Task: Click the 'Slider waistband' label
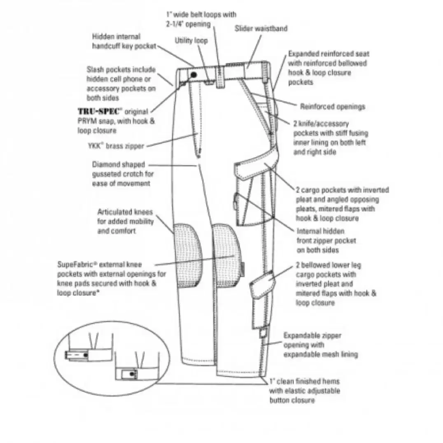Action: tap(261, 28)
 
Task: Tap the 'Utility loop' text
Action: tap(191, 41)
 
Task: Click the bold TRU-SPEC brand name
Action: tap(98, 111)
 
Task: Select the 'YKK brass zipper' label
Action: tap(116, 146)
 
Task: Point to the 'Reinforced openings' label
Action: tap(333, 107)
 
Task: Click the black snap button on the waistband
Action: tap(194, 75)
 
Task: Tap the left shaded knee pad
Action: tap(187, 255)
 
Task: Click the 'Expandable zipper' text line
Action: tap(312, 336)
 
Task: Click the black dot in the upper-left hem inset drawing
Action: tap(85, 355)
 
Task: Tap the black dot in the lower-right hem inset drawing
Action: tap(132, 374)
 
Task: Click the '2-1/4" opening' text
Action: tap(188, 24)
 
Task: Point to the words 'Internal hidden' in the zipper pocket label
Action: tap(320, 231)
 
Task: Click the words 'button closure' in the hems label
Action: tap(292, 400)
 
